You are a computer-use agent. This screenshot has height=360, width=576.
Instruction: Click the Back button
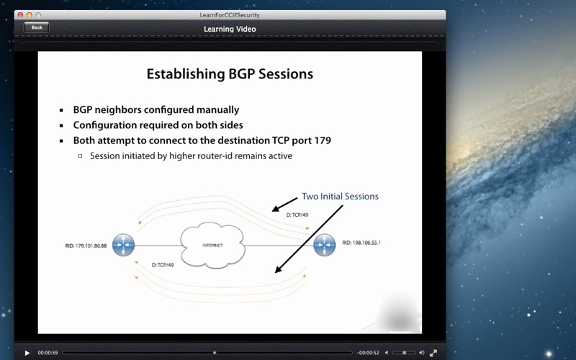click(37, 27)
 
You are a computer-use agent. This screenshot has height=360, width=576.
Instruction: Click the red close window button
click(21, 15)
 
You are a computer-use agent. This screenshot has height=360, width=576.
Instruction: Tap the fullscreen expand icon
click(433, 353)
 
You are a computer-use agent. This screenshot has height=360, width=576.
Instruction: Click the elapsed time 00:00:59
click(48, 353)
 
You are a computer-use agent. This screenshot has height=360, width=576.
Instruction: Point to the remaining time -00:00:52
click(368, 353)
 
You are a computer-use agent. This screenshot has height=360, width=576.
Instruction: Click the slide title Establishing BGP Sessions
click(230, 74)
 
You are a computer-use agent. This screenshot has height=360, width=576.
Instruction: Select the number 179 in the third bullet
click(323, 140)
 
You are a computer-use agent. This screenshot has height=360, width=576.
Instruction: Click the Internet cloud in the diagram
click(212, 245)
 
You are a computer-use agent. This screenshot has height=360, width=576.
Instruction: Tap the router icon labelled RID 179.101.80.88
click(123, 245)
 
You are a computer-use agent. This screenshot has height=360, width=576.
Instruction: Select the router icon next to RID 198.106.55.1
click(325, 245)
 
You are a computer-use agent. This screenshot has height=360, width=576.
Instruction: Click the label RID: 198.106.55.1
click(361, 243)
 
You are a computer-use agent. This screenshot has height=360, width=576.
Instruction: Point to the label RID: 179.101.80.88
click(86, 246)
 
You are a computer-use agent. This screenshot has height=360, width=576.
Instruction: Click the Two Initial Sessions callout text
click(340, 197)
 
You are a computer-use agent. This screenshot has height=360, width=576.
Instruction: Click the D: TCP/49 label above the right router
click(297, 215)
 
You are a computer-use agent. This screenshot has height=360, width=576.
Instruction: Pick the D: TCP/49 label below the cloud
click(163, 265)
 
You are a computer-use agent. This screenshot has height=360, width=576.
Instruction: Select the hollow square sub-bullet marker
click(80, 156)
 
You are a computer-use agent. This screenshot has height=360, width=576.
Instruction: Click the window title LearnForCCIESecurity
click(230, 15)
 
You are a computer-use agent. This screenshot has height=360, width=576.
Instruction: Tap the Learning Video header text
click(230, 29)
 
